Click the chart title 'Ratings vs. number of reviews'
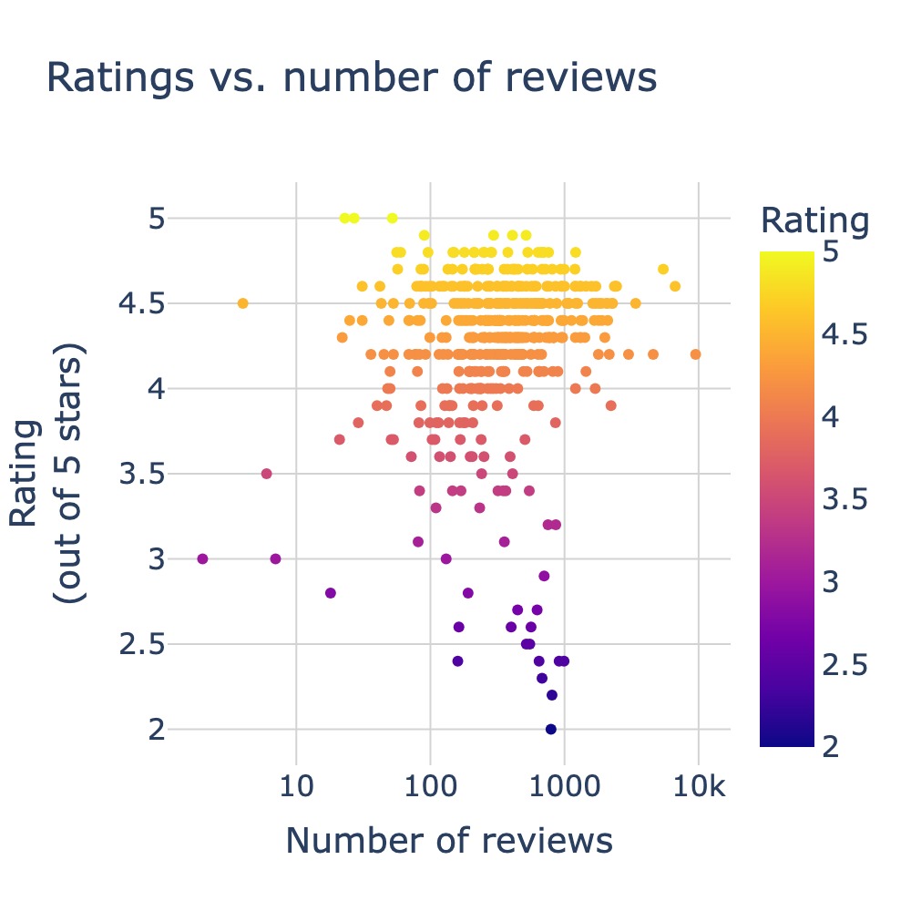click(x=351, y=78)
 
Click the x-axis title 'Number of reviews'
click(x=449, y=840)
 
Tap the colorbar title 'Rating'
click(x=814, y=220)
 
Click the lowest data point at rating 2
click(x=550, y=729)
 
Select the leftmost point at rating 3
click(x=202, y=558)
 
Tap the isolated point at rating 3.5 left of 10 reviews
click(x=266, y=474)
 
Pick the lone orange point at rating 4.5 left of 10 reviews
click(x=242, y=303)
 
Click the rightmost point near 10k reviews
click(x=696, y=354)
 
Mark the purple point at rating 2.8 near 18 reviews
click(x=330, y=593)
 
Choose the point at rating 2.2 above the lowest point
click(x=551, y=695)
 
